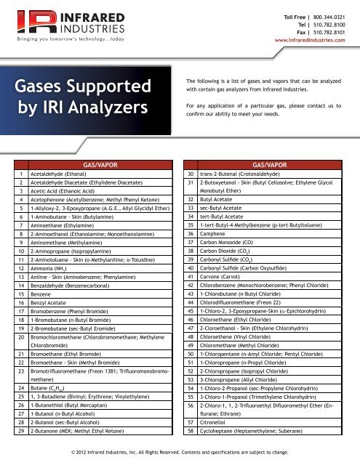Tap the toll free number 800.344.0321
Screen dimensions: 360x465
[x=338, y=17]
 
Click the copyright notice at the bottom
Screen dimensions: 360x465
[x=180, y=452]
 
